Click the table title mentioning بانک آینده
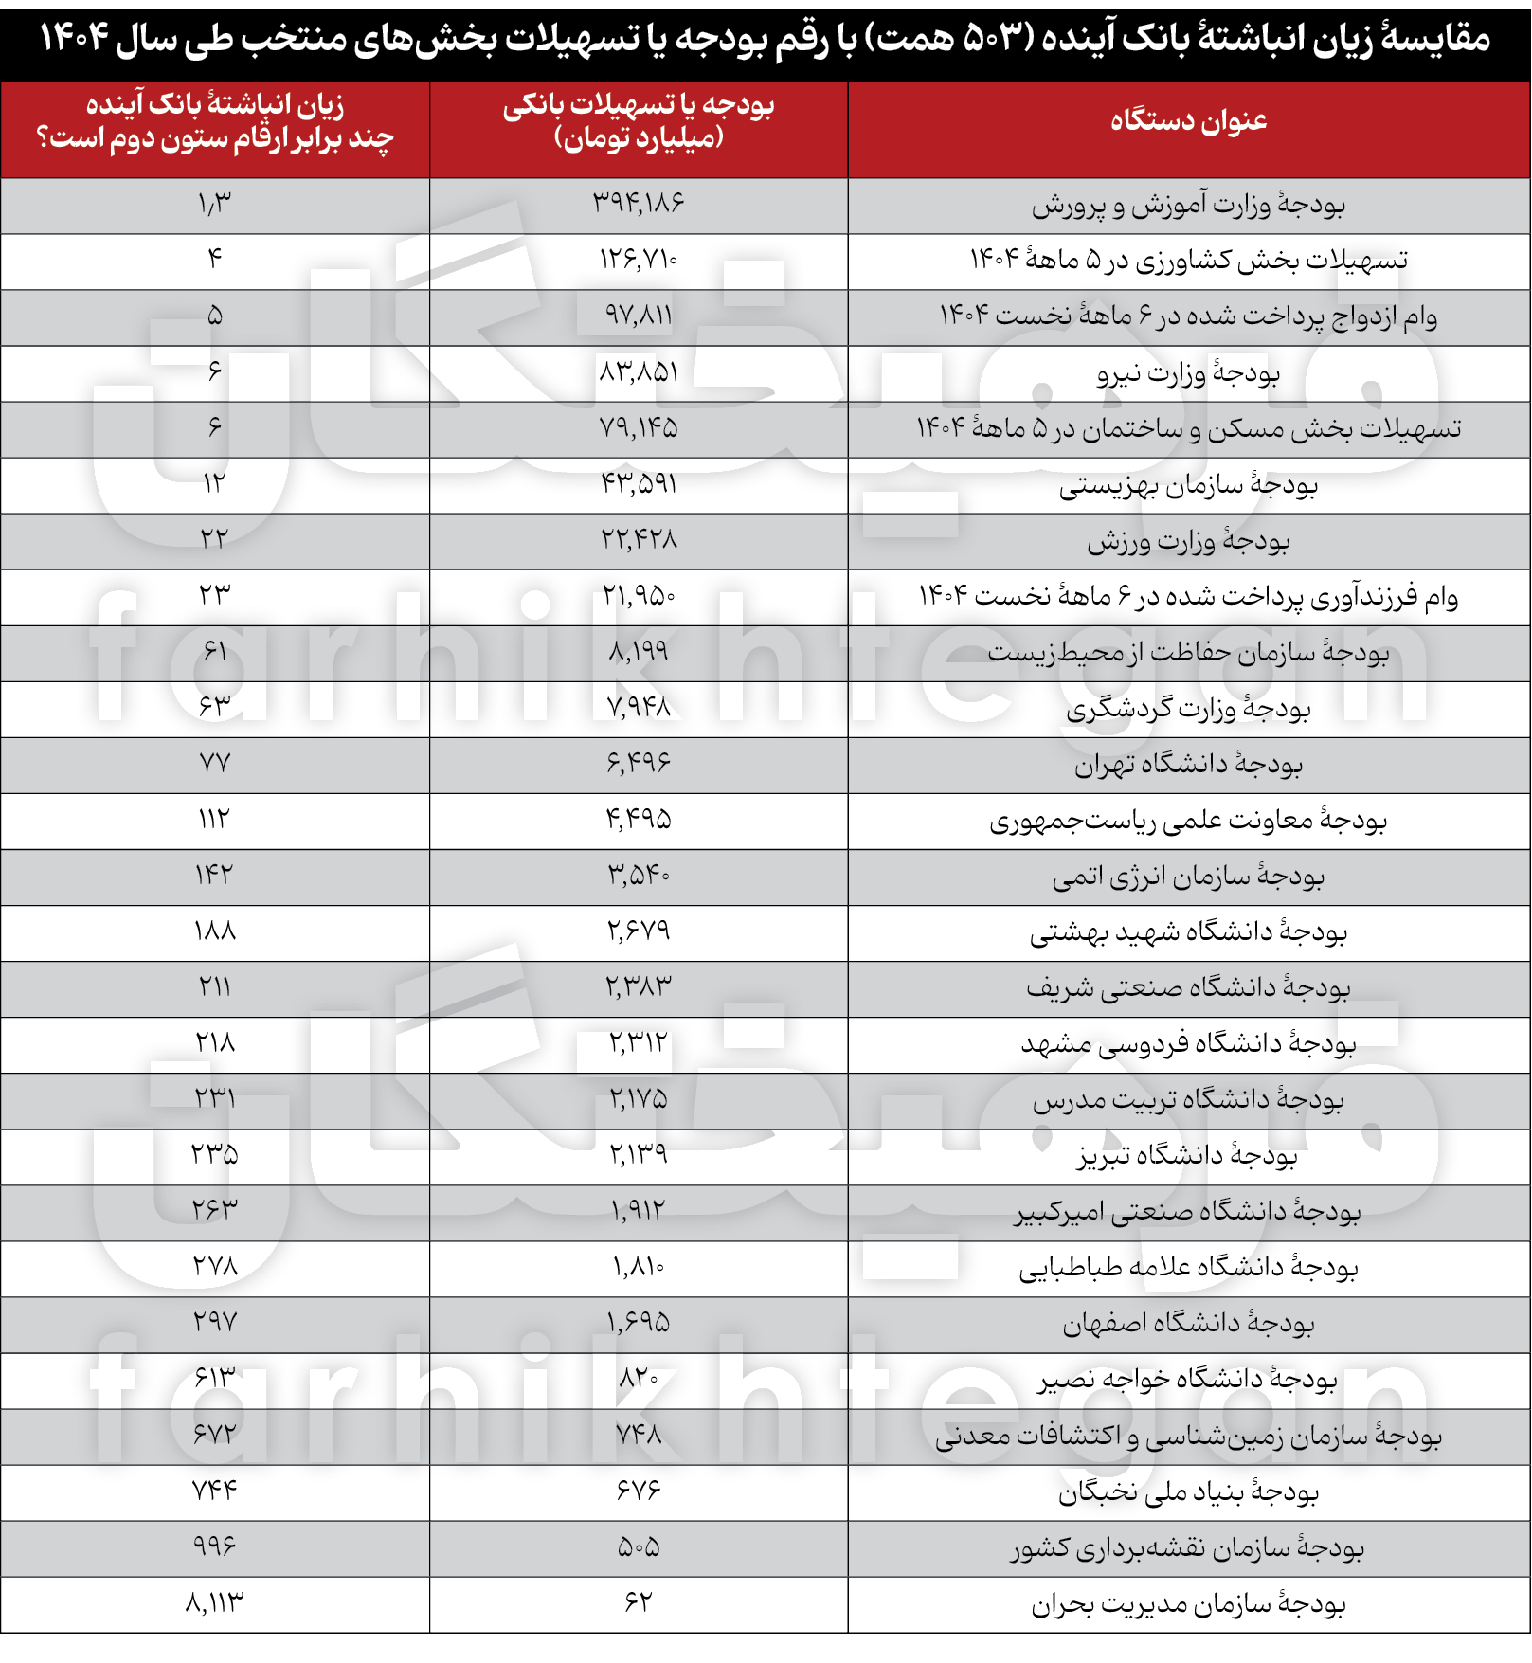766,40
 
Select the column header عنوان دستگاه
1188,121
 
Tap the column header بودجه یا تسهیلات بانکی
639,121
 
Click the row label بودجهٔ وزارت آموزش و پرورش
1188,205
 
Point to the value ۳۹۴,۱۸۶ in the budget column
639,203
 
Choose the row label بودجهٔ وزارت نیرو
1188,373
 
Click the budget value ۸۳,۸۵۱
639,371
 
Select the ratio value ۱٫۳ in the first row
215,203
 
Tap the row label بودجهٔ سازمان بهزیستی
1188,485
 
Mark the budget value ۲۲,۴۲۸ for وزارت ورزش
639,539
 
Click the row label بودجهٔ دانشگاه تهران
1188,764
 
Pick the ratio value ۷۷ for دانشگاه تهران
215,763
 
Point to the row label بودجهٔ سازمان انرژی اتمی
1188,877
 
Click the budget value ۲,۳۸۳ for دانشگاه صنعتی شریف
639,987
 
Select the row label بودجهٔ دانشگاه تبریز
1188,1155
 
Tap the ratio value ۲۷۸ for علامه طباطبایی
215,1266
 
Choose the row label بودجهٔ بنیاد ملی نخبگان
1188,1492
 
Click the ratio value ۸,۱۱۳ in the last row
215,1602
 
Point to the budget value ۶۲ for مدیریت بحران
639,1602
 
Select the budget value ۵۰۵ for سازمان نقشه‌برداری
639,1547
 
